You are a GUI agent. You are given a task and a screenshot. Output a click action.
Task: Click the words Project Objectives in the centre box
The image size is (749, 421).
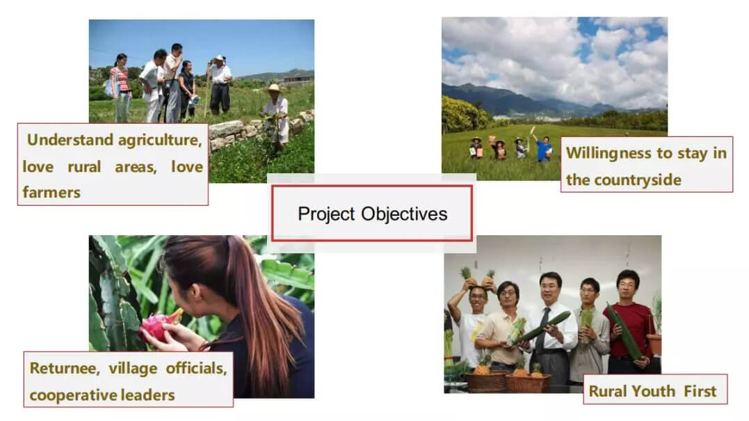point(373,214)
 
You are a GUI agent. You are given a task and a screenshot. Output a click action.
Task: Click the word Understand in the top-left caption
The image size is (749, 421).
point(70,140)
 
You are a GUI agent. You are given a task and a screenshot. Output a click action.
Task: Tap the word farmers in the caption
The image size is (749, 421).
point(51,193)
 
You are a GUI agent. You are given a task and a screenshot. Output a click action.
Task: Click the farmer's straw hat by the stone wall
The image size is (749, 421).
point(274,89)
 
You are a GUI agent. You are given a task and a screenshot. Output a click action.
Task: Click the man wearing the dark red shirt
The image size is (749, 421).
point(628,321)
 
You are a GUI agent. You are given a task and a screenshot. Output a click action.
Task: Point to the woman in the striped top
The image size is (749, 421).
point(121,86)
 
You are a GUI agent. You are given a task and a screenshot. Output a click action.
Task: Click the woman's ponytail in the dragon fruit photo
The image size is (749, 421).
point(258,306)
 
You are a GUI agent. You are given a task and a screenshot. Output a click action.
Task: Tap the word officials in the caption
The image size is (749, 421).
point(196,368)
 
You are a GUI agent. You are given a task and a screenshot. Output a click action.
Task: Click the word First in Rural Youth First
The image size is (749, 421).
point(700,391)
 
